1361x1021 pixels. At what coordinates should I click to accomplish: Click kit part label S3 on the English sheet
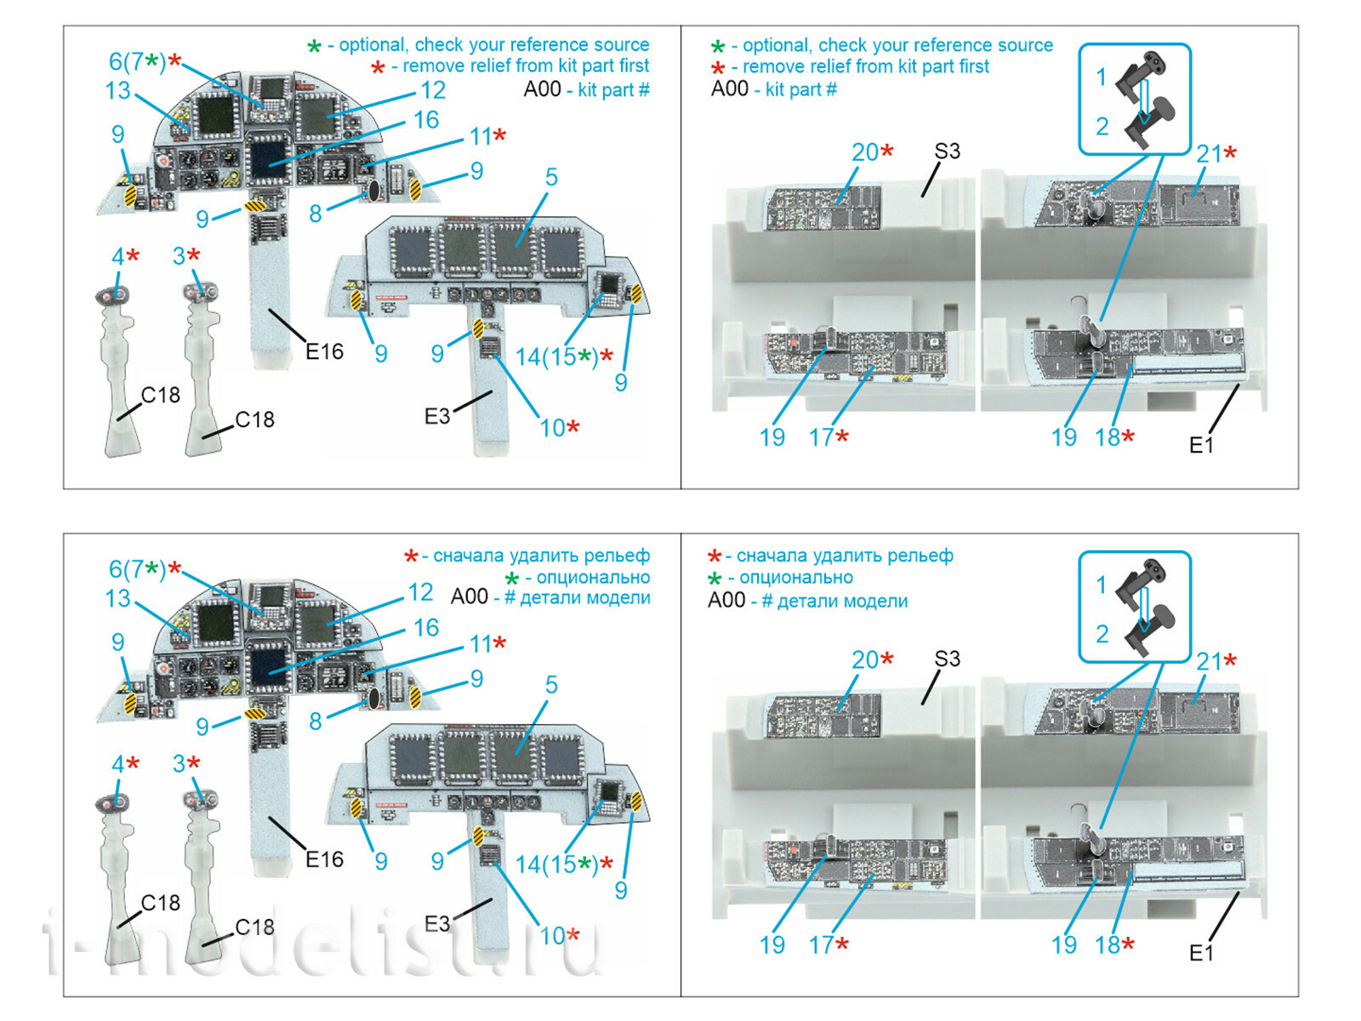click(947, 151)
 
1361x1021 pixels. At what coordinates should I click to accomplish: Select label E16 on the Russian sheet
click(324, 859)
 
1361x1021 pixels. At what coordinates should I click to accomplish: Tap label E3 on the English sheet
click(436, 416)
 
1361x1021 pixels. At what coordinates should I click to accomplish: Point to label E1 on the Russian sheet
click(1201, 952)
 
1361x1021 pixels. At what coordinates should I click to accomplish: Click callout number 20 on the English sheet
click(865, 152)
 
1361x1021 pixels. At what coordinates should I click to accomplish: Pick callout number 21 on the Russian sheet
click(1209, 661)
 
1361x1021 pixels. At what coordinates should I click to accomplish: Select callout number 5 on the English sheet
click(551, 177)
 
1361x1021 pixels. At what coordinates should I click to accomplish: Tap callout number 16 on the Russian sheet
click(426, 628)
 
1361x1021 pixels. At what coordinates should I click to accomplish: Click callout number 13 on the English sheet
click(117, 90)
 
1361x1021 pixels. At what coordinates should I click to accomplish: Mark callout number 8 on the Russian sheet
click(316, 722)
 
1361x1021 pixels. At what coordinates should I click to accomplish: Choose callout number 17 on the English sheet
click(821, 437)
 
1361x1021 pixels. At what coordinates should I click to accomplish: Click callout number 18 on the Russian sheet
click(1108, 944)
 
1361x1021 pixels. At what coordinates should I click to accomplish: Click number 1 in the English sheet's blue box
click(1102, 77)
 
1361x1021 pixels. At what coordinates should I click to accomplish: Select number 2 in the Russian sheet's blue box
click(1102, 634)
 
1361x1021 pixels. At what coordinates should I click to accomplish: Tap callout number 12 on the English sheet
click(433, 90)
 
